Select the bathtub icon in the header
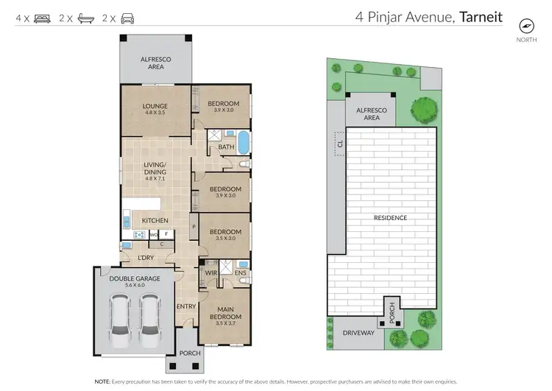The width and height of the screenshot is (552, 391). pos(84,18)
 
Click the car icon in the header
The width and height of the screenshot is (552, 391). pos(127,18)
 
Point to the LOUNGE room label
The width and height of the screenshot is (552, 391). pos(155,106)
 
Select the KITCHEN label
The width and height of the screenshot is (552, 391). pos(155,220)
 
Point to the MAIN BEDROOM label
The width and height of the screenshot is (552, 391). pos(224,313)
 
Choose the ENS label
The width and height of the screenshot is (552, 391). pos(240,272)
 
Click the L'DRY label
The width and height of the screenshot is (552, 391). pos(146,257)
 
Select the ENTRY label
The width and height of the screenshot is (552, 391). pos(185,306)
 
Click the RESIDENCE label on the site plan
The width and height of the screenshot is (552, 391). pos(390,218)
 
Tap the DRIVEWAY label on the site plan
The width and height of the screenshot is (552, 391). pos(358,333)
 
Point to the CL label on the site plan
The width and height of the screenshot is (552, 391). pos(340,144)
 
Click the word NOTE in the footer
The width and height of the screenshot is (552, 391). pos(103,381)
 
